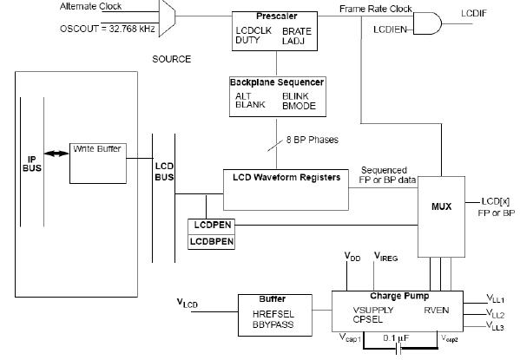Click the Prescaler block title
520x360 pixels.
[277, 16]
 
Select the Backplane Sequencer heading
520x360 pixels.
[277, 82]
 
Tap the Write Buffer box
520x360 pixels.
[98, 163]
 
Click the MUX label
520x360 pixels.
[441, 206]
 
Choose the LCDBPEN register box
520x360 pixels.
[212, 242]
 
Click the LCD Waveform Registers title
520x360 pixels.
[286, 177]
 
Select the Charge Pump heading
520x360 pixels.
[399, 296]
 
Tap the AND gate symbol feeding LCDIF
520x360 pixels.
[427, 23]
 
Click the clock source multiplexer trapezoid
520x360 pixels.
[168, 18]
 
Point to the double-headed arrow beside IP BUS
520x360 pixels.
[56, 154]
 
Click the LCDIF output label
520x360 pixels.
[474, 13]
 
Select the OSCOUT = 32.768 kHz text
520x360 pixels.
[108, 29]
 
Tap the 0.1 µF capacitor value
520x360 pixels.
[396, 338]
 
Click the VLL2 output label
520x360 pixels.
[495, 313]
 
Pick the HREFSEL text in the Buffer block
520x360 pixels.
[273, 314]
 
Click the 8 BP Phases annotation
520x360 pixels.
[313, 140]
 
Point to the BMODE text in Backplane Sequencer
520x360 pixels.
[299, 106]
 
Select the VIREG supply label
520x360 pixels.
[385, 257]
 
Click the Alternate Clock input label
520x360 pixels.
[91, 6]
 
